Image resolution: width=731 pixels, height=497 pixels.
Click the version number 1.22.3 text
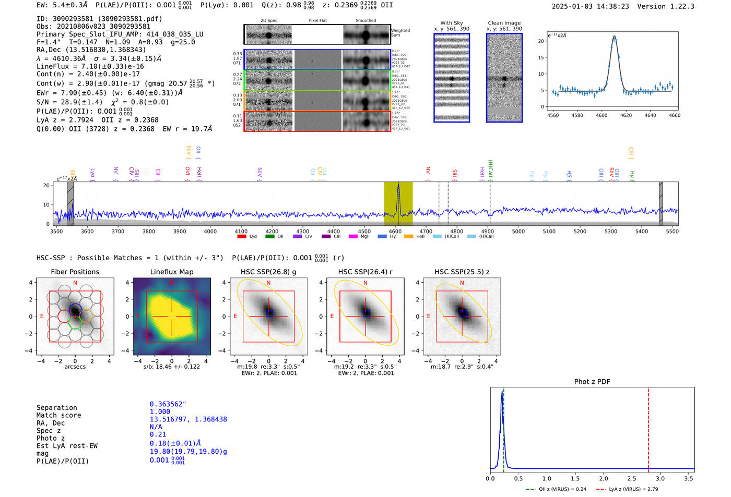677,6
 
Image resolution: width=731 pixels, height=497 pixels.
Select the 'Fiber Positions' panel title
75,272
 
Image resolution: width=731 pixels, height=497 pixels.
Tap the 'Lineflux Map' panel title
171,272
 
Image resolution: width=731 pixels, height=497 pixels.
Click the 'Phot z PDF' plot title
592,382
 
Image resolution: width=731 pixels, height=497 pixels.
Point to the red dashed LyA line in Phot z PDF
649,428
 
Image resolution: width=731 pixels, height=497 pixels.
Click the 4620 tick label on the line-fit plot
626,115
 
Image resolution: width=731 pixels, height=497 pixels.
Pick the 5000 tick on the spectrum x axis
518,231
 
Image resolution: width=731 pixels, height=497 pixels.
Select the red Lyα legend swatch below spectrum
242,237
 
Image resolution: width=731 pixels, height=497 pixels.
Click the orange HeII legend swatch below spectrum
408,237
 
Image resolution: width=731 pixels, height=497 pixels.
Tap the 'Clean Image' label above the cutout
504,23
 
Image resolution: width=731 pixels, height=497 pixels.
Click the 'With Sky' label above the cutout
451,23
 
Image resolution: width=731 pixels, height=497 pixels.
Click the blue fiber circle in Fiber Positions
75,308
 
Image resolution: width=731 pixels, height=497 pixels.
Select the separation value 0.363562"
168,404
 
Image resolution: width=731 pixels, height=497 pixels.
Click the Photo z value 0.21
158,434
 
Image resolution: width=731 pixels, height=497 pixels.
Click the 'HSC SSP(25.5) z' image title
462,272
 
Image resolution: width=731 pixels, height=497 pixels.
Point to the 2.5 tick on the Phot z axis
632,478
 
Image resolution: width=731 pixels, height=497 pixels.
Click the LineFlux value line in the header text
90,67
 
